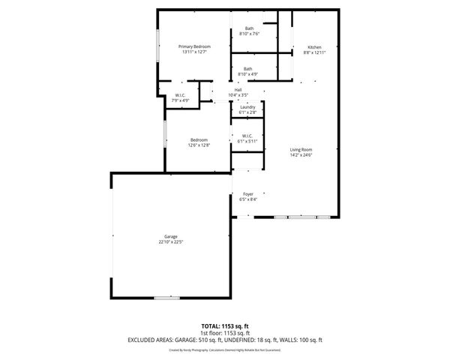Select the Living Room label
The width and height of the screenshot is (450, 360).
coord(301,150)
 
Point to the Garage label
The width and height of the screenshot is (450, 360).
coord(171,237)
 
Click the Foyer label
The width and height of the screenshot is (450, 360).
coord(247,194)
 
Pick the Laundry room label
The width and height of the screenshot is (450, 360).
coord(247,107)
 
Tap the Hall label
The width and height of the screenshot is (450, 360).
coord(238,90)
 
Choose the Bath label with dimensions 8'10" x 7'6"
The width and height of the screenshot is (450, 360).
coord(248,28)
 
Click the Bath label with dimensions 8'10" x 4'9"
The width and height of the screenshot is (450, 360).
coord(248,69)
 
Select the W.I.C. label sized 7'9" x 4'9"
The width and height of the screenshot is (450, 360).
coord(180,94)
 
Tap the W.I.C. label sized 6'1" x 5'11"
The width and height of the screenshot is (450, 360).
coord(247,136)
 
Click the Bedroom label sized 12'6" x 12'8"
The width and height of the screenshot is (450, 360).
coord(199,139)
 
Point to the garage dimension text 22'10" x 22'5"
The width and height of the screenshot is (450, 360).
coord(171,242)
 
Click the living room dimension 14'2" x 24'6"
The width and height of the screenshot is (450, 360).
coord(301,155)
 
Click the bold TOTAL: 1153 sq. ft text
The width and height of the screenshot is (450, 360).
coord(225,326)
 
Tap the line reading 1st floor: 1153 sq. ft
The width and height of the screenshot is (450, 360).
coord(225,333)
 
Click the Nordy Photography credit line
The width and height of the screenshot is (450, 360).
coord(225,349)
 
